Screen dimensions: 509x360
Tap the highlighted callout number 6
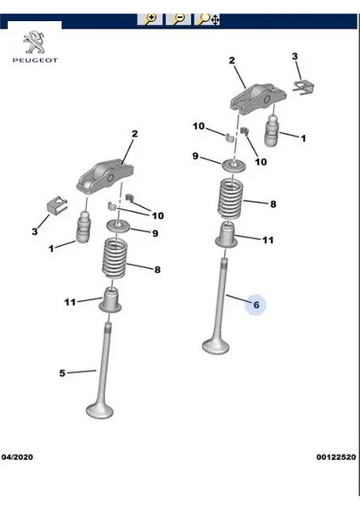pos(256,305)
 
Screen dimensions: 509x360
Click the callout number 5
pos(62,372)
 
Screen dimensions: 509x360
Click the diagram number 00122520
pos(335,456)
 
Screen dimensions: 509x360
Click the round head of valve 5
pos(101,411)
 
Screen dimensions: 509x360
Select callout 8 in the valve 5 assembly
pos(157,270)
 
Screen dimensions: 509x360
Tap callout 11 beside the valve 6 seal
pos(267,240)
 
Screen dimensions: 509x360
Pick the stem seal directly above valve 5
pos(111,299)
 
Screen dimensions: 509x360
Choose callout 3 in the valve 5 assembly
pos(35,231)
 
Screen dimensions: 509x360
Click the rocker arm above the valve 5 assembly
pos(103,176)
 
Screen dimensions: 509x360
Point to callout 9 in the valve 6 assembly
pos(194,156)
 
